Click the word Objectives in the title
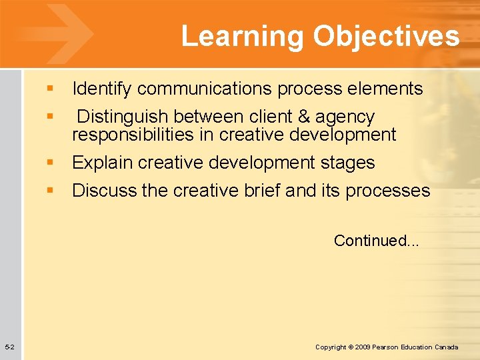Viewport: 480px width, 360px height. pos(387,37)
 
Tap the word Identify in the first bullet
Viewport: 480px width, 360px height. pos(102,89)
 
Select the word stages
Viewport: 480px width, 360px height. pos(347,163)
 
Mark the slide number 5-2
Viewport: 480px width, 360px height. pos(11,347)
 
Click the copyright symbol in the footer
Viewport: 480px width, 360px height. pos(351,347)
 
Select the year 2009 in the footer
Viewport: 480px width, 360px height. pos(363,347)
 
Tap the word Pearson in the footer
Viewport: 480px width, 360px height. pos(387,347)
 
